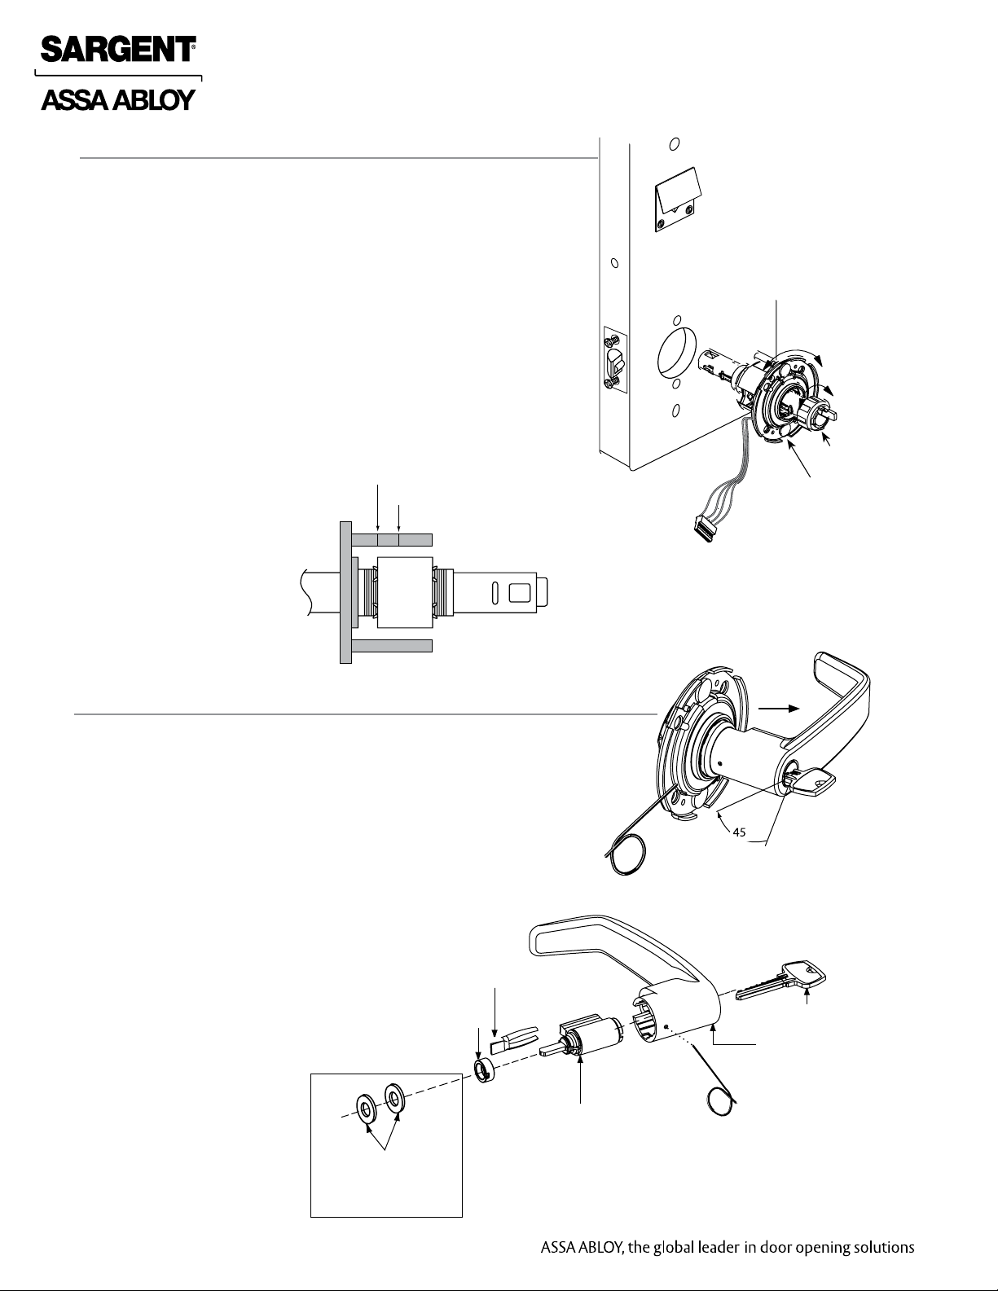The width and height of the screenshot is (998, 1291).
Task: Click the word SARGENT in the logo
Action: [118, 49]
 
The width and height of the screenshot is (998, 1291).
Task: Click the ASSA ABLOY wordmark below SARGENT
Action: [118, 100]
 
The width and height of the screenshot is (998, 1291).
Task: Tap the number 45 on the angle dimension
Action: [739, 832]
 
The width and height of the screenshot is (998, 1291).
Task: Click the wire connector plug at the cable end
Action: [704, 530]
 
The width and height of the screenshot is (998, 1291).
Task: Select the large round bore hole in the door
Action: [677, 355]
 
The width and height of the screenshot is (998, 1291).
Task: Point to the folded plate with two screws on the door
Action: [677, 200]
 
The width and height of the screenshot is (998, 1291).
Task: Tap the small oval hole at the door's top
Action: [675, 144]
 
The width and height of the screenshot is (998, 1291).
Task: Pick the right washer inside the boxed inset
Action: [393, 1098]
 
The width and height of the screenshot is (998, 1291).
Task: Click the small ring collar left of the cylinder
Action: [485, 1070]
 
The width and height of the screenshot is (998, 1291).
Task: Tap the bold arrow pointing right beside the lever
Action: [780, 708]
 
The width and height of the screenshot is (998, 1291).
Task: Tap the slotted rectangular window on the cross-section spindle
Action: [519, 592]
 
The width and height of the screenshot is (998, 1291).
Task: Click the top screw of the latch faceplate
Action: [611, 340]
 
